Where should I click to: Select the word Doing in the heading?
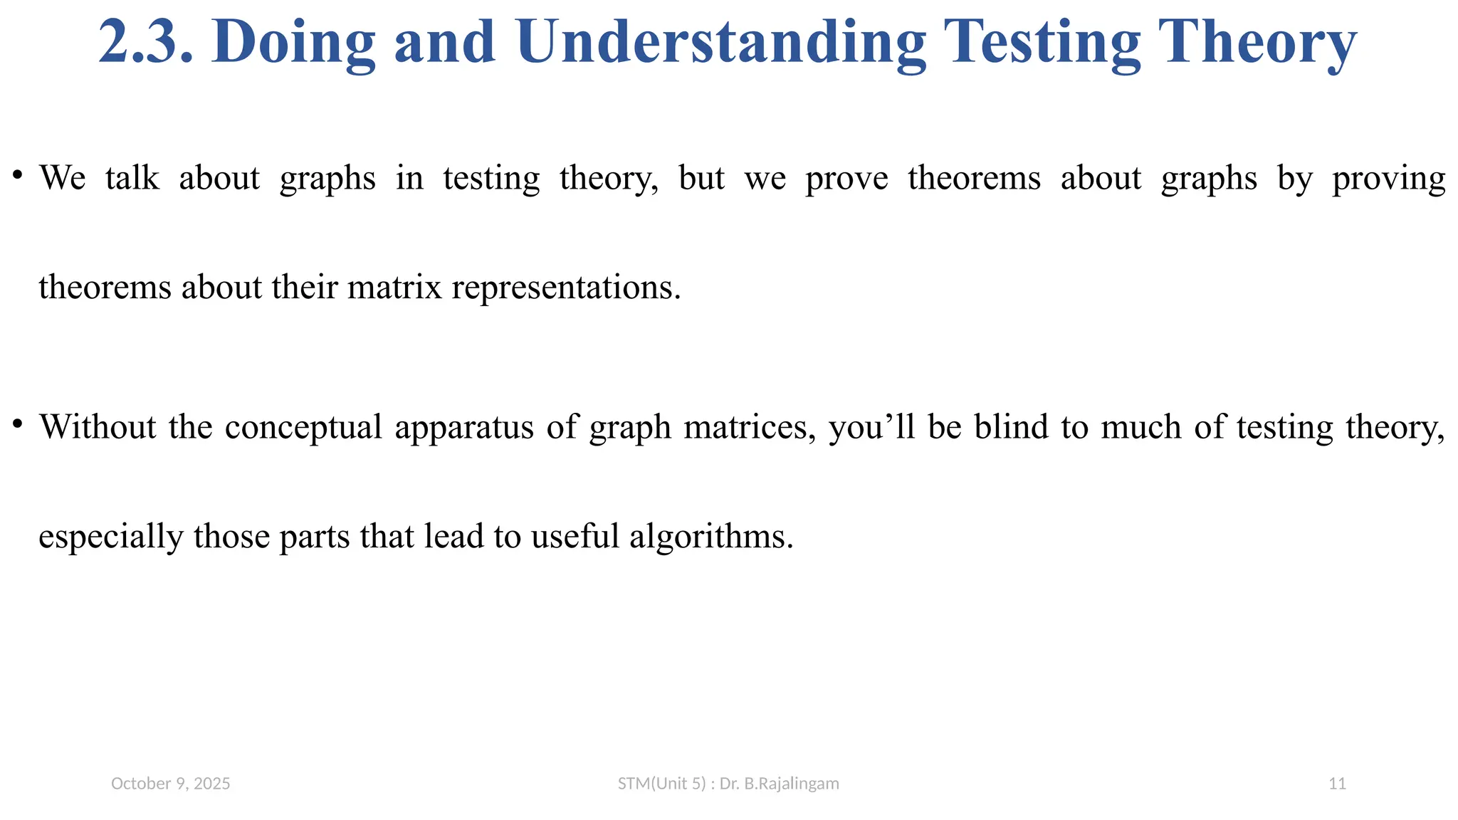(293, 43)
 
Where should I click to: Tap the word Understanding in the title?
(722, 43)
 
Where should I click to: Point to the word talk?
(132, 178)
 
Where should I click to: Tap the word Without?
(98, 427)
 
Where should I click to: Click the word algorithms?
(711, 537)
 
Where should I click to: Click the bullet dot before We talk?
(18, 174)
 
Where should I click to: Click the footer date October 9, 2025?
(171, 784)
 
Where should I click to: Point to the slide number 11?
(1338, 784)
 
